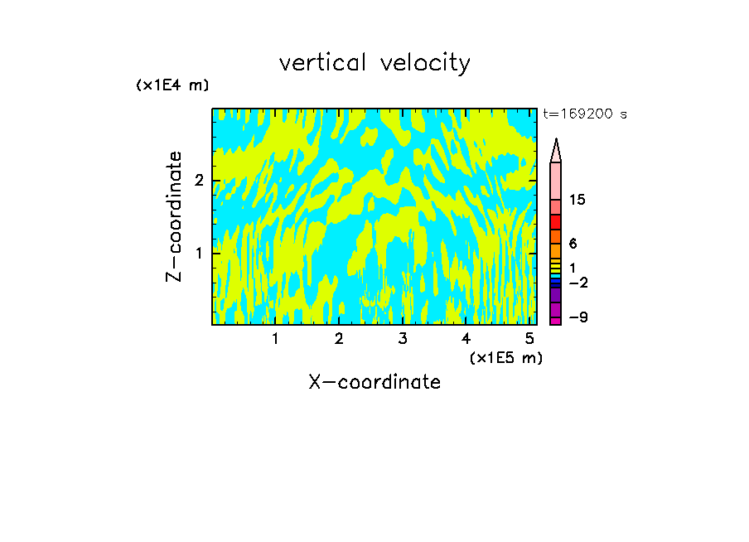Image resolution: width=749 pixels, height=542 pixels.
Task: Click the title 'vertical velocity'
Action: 374,63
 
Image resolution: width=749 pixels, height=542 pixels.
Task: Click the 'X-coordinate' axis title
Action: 374,382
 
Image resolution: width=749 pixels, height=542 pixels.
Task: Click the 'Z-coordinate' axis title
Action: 174,216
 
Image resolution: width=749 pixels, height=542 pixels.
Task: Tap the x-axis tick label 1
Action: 275,339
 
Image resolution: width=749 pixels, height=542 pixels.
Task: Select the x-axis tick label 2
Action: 339,339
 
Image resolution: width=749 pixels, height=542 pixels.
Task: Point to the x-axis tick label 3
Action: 403,339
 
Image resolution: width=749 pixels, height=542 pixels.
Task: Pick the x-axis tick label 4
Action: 466,339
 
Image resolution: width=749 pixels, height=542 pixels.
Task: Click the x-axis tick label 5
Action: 529,339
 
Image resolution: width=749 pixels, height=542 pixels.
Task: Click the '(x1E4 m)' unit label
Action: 172,85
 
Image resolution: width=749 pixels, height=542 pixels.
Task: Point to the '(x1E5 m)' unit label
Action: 505,358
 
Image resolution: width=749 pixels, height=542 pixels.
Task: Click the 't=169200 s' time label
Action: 584,114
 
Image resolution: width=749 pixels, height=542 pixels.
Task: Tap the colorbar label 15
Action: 577,201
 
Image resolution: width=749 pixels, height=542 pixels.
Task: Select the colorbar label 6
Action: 573,244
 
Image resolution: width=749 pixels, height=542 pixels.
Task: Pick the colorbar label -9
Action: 577,317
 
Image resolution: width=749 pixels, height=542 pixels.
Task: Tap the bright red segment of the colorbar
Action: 556,222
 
